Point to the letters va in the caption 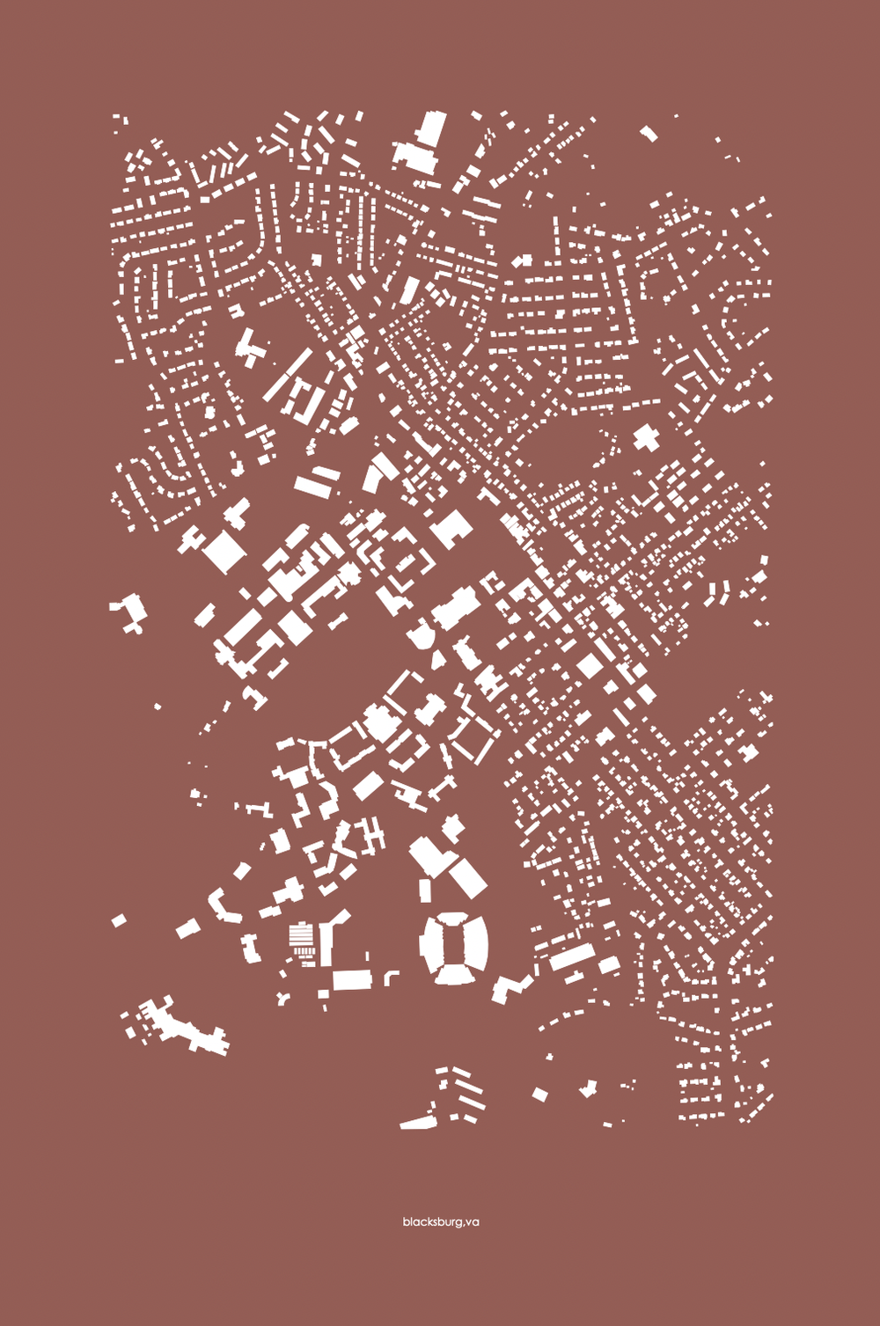[473, 1222]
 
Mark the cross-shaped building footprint [646, 437]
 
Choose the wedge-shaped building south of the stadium [417, 1123]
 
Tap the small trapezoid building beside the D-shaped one [437, 658]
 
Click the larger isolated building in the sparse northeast [649, 134]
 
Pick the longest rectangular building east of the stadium [572, 956]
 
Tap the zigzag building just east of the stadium [511, 987]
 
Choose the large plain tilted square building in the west [224, 552]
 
